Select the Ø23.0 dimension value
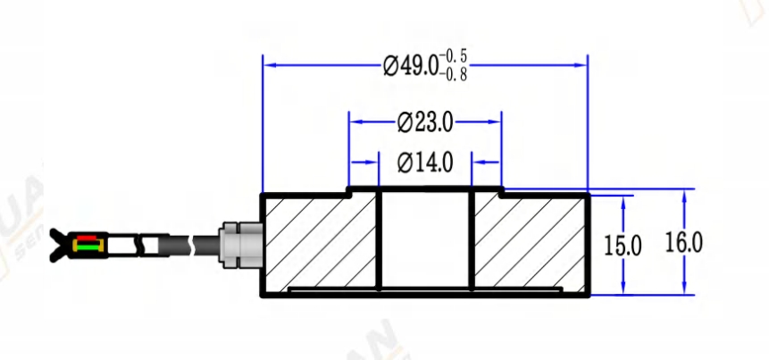pos(425,121)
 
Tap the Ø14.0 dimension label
pos(425,163)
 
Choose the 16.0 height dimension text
pos(684,242)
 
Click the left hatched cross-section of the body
pos(320,241)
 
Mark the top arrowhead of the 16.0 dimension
pos(684,195)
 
